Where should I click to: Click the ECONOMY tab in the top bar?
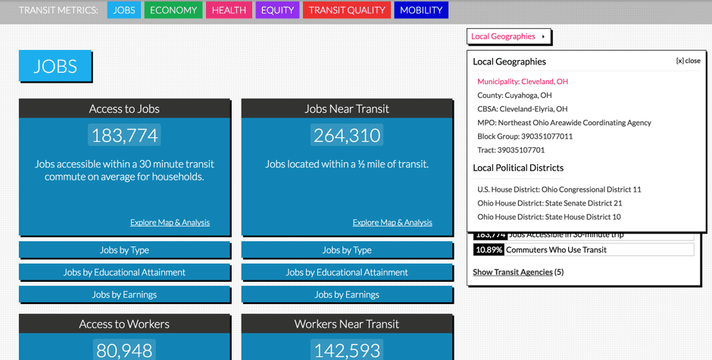[x=173, y=10]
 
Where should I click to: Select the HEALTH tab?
[x=229, y=10]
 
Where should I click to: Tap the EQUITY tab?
[x=277, y=10]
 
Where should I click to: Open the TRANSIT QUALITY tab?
[x=347, y=10]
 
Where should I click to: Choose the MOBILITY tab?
[x=421, y=10]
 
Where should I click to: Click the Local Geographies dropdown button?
[x=508, y=36]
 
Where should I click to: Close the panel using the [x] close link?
[x=688, y=61]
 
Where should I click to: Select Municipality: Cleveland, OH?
[x=523, y=81]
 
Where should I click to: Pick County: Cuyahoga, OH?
[x=514, y=95]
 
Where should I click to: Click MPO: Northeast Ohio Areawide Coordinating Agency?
[x=564, y=123]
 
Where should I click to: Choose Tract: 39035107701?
[x=511, y=150]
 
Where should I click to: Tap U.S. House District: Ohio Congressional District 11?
[x=559, y=189]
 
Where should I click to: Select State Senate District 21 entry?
[x=549, y=203]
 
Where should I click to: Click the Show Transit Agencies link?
[x=513, y=272]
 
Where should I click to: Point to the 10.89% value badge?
[x=489, y=249]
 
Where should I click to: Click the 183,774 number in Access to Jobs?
[x=124, y=136]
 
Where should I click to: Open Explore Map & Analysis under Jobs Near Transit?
[x=392, y=223]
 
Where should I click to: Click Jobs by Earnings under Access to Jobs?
[x=124, y=295]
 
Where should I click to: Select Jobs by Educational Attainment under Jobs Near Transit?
[x=347, y=272]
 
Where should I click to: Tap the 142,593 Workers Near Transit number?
[x=347, y=350]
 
